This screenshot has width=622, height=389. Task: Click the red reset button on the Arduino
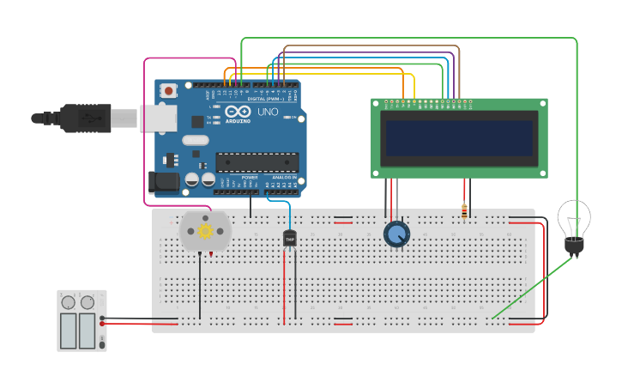click(169, 90)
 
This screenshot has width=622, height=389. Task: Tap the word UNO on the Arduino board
click(268, 112)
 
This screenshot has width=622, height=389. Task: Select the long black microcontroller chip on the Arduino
click(257, 161)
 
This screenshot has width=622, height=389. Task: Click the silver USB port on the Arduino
click(159, 118)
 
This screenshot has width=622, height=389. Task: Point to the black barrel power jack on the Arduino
click(164, 181)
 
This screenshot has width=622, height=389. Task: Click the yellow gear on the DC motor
click(205, 230)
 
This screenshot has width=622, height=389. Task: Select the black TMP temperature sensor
click(289, 238)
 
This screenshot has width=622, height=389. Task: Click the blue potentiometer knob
click(396, 234)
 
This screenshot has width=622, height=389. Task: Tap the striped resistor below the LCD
click(464, 211)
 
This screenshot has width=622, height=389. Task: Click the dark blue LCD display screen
click(459, 137)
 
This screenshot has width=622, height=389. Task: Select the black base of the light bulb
click(574, 246)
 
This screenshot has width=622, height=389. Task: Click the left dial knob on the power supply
click(68, 302)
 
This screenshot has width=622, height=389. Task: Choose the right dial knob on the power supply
click(88, 302)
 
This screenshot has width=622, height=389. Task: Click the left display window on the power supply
click(68, 331)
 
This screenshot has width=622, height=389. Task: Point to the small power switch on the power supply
click(102, 341)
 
